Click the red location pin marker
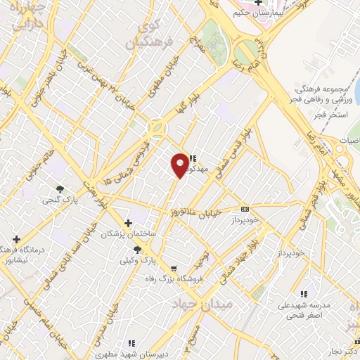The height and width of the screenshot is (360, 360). pos(180,165)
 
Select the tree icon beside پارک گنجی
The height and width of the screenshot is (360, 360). pos(60,189)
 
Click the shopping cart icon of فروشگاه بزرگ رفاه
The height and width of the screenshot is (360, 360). pos(174,268)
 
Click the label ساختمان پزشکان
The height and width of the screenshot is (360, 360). pos(128,233)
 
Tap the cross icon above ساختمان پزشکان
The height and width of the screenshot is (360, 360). pos(128,223)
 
